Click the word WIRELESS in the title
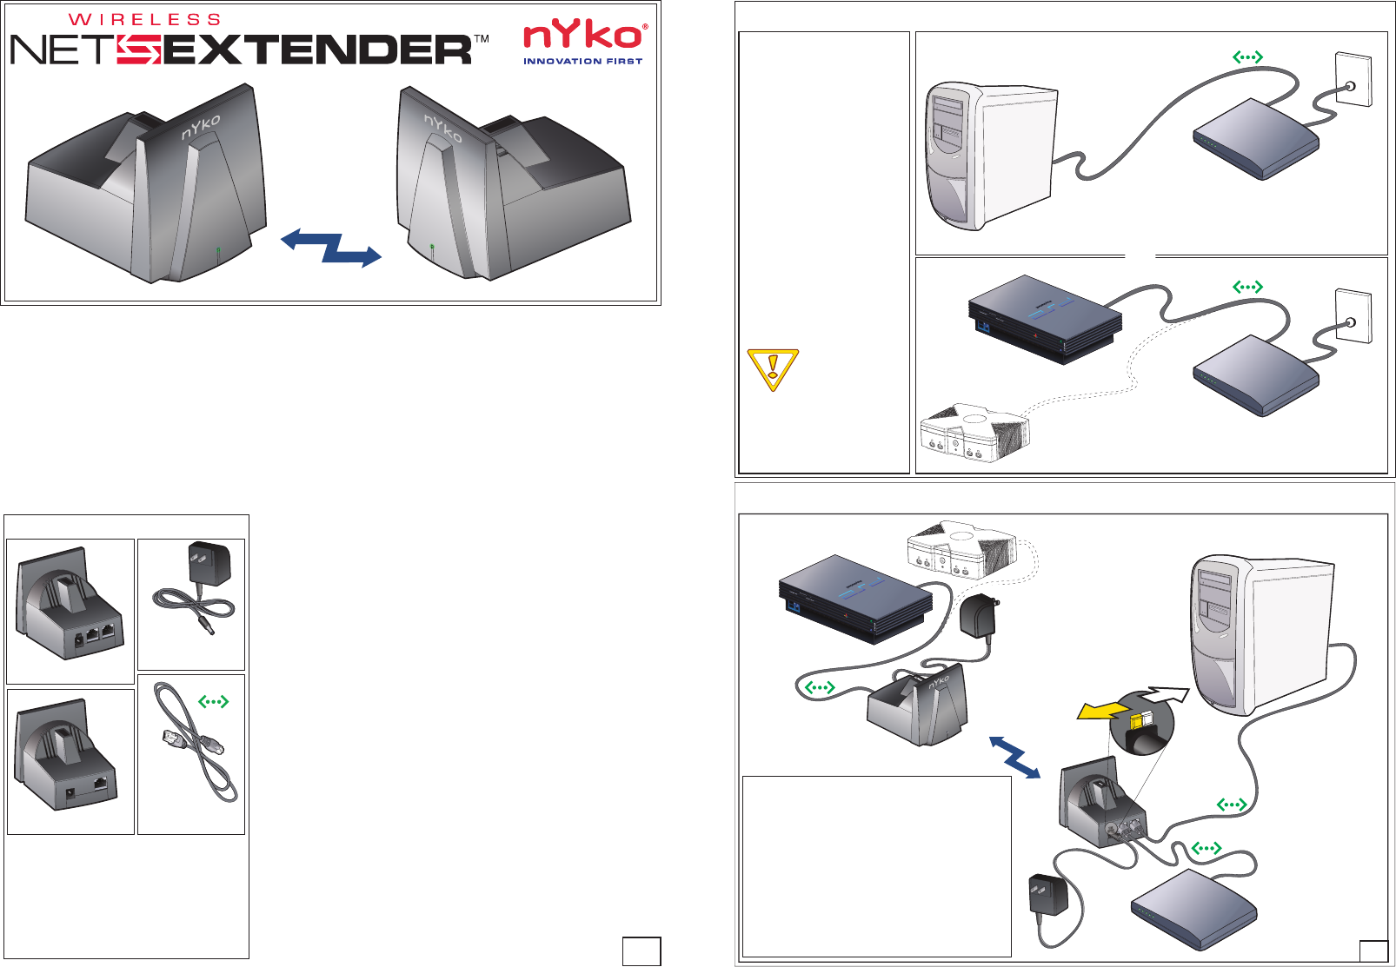pos(144,19)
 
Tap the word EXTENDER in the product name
pos(317,50)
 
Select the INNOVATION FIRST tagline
pos(582,62)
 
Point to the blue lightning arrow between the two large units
pos(331,247)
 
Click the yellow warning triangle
pos(772,368)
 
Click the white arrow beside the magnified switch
pos(1164,694)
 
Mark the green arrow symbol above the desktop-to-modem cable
pos(1247,56)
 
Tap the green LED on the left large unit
pos(218,254)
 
